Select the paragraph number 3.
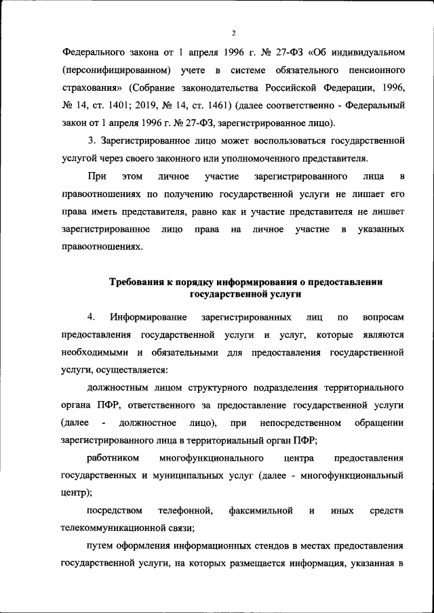tap(92, 142)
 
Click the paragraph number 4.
tap(91, 318)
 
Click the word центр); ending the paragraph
tap(77, 493)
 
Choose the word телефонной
tap(186, 511)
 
